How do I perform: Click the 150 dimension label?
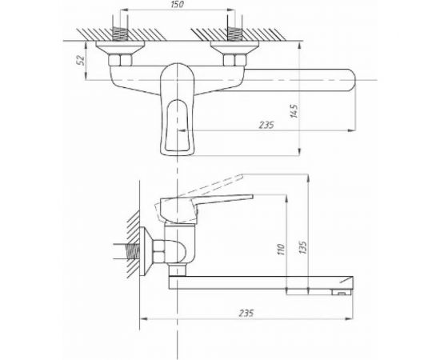tap(177, 5)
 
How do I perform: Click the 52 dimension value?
tap(81, 60)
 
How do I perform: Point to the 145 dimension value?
tap(294, 111)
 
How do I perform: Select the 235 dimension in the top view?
tap(266, 125)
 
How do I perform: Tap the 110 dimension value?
tap(281, 250)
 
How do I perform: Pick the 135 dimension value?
tap(303, 247)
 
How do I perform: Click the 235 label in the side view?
tap(246, 313)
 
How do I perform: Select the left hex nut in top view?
tap(120, 60)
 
